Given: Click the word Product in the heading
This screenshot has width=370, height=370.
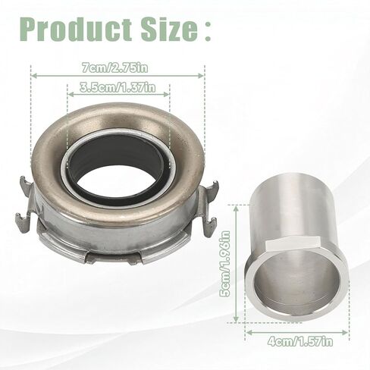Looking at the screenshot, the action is tap(76, 30).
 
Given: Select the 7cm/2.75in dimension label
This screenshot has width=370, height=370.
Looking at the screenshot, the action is tap(115, 68).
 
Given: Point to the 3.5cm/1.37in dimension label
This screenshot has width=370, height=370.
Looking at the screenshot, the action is tap(118, 87).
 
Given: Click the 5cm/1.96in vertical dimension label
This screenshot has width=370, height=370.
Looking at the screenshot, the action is tap(225, 264).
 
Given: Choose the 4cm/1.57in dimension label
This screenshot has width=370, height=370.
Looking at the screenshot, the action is tap(300, 342).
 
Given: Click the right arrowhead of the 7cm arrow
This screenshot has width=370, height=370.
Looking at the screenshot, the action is tap(201, 76).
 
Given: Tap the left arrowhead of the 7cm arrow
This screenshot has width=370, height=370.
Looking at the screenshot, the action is tap(33, 76).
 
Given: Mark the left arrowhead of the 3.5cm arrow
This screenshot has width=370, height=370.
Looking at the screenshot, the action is tap(71, 95).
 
